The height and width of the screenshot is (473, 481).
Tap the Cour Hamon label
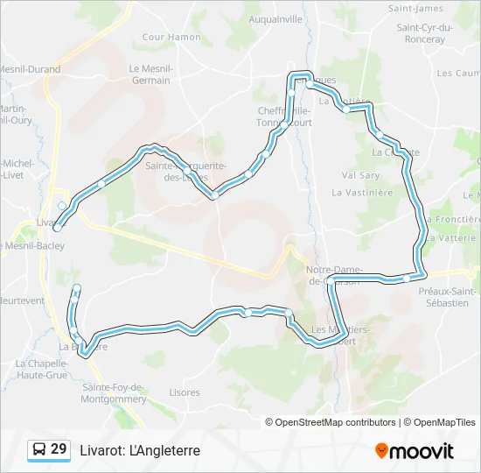[x=171, y=37]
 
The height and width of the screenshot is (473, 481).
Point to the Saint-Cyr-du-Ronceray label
[x=424, y=32]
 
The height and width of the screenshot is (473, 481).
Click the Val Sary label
[x=360, y=175]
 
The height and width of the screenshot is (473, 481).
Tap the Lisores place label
[x=185, y=392]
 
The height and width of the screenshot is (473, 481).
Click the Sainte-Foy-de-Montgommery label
[x=114, y=392]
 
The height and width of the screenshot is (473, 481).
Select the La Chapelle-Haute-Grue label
[x=42, y=369]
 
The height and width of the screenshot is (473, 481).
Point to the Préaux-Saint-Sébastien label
[x=448, y=297]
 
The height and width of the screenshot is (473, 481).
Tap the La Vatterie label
[x=454, y=237]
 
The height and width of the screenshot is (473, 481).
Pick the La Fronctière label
[x=454, y=220]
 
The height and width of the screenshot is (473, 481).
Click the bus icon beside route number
[x=38, y=450]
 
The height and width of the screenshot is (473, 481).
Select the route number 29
[x=59, y=449]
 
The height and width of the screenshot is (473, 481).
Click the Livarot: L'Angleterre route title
[x=140, y=450]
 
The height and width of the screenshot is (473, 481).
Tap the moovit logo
[x=415, y=451]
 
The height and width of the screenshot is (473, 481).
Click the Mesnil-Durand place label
[x=30, y=69]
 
